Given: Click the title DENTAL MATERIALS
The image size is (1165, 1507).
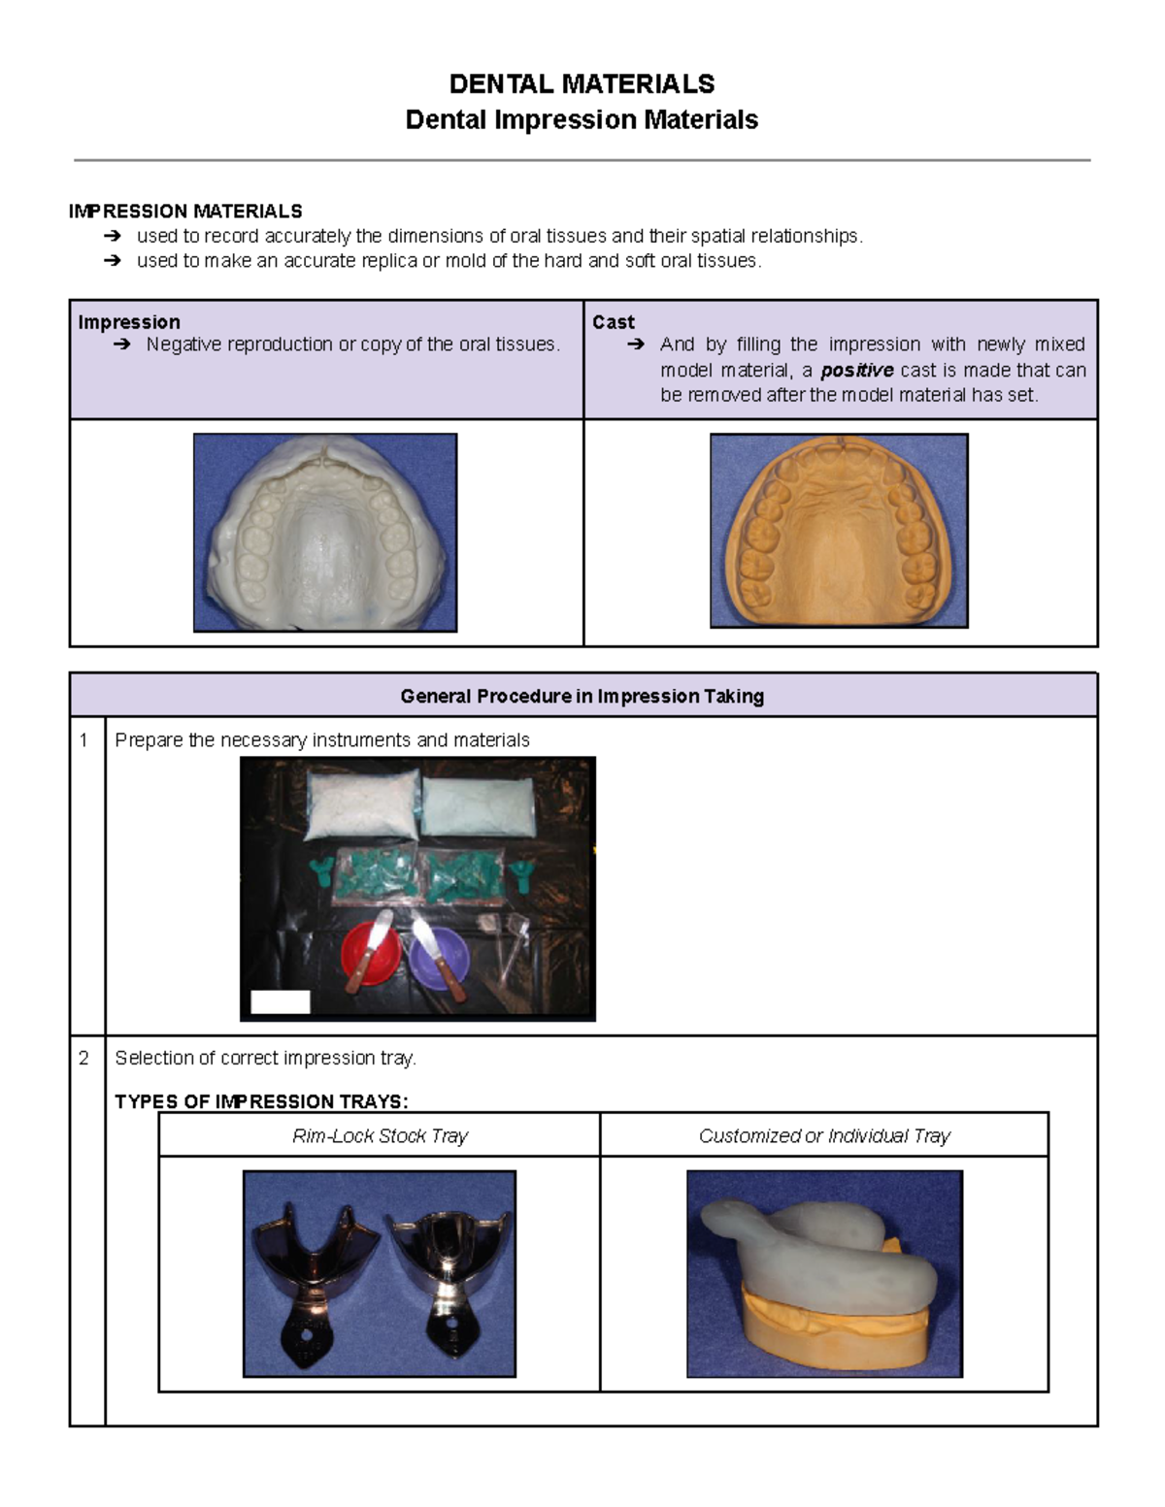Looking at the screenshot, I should [x=582, y=84].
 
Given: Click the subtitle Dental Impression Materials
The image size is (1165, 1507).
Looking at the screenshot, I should [x=582, y=120].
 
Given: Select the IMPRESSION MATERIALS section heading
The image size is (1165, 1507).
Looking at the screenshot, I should [x=185, y=212].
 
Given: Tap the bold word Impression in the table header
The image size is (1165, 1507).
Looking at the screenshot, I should [x=129, y=322].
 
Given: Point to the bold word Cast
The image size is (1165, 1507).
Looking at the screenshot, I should [x=614, y=322].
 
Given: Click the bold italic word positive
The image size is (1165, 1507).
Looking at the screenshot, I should [x=856, y=370].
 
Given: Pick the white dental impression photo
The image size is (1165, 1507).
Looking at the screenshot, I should [x=325, y=533].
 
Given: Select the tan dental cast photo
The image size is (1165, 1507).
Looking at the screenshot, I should [x=839, y=531].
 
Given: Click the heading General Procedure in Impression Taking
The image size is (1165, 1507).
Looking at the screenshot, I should [x=582, y=696].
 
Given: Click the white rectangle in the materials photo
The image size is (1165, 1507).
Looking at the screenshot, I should [x=281, y=1001].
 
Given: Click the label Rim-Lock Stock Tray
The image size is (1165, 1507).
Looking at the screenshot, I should [x=380, y=1135].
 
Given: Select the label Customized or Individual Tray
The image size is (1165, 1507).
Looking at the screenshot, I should [x=824, y=1135].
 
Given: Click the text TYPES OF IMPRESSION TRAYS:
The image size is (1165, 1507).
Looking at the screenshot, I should [x=262, y=1101].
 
